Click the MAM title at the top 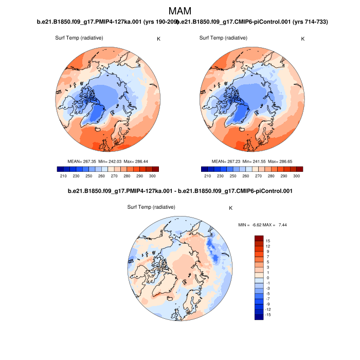[x=180, y=11]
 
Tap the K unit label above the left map [x=158, y=39]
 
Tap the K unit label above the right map [x=302, y=39]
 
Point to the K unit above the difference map [x=231, y=208]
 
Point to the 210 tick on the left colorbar [x=64, y=176]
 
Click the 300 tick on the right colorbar [x=296, y=176]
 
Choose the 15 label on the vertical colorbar [x=268, y=241]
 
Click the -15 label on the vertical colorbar [x=267, y=315]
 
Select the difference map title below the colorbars [x=180, y=192]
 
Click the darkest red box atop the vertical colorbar [x=259, y=238]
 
